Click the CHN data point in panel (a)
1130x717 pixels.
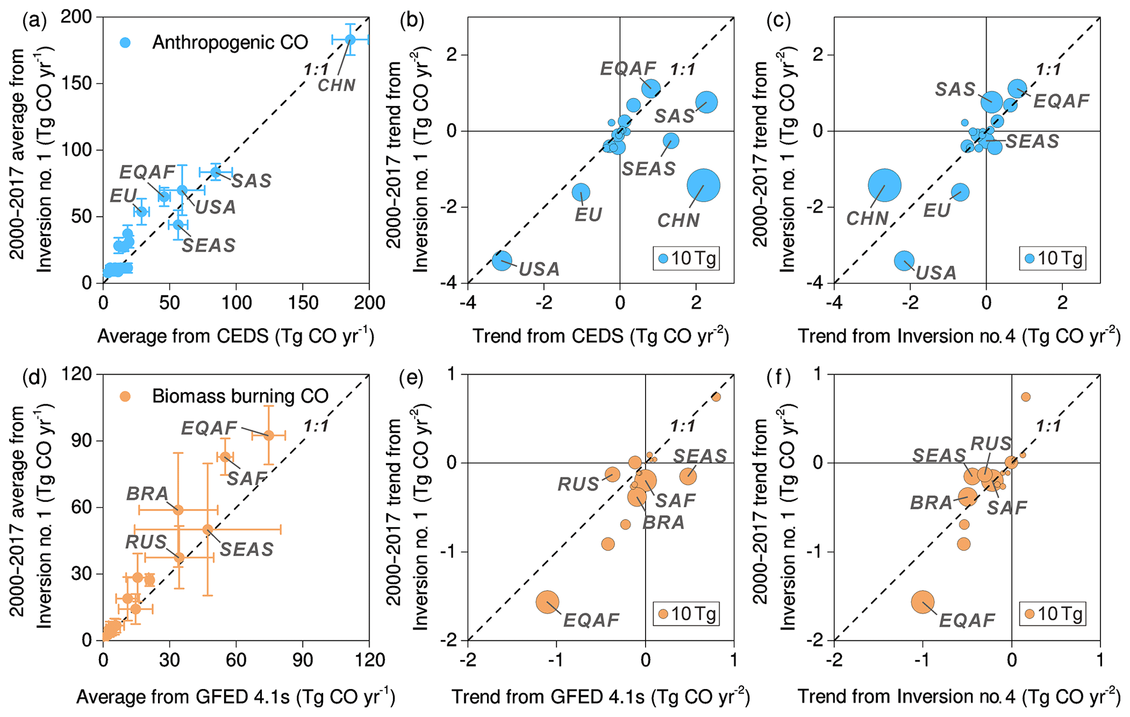[x=350, y=39]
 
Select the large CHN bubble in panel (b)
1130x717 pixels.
[x=704, y=185]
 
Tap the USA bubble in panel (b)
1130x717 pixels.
[x=502, y=260]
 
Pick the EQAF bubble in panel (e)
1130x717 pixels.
[x=547, y=602]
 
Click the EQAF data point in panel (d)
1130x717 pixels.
[x=268, y=435]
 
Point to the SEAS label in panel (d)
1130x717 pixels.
[x=247, y=549]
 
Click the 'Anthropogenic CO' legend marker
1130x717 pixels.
[x=126, y=43]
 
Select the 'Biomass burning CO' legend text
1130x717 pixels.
[x=240, y=396]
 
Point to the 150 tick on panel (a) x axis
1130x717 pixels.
[x=303, y=302]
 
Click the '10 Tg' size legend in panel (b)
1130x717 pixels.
[x=687, y=258]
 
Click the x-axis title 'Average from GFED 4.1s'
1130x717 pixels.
[x=235, y=697]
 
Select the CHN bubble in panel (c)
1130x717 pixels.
[x=884, y=185]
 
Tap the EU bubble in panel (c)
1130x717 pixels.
[x=960, y=192]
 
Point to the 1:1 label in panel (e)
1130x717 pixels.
[x=683, y=426]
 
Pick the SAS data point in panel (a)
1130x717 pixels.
[x=216, y=172]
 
